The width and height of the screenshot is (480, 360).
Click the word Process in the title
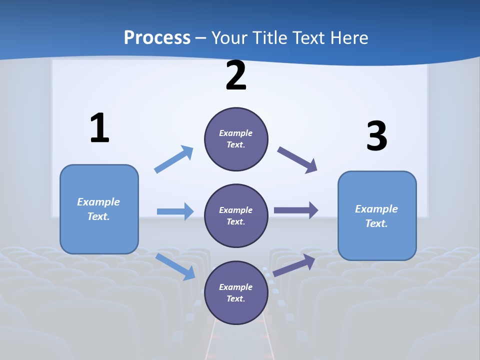(x=157, y=38)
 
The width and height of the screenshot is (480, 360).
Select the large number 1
(x=99, y=128)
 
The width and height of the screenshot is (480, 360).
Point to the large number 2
(x=236, y=76)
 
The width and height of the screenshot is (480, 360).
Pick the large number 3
(x=376, y=136)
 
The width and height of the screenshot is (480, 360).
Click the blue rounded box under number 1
(x=99, y=209)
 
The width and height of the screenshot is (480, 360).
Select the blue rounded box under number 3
(x=377, y=215)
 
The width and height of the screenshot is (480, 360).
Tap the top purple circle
(x=236, y=139)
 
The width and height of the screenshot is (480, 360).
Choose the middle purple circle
(x=236, y=215)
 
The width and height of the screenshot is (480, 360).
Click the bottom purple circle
(x=236, y=292)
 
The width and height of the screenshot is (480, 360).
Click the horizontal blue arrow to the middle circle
(x=175, y=211)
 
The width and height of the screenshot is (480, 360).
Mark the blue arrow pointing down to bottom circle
(x=175, y=266)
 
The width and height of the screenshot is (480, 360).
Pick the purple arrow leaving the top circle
(x=297, y=160)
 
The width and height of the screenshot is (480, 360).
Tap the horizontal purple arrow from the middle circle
(x=296, y=210)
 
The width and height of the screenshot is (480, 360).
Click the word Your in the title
(x=228, y=38)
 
